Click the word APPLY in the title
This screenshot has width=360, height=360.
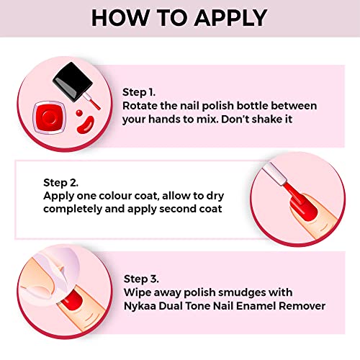230,18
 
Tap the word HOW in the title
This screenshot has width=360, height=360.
120,18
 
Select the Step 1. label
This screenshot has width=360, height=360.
139,92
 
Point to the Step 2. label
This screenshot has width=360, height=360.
60,183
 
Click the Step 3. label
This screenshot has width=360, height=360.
141,279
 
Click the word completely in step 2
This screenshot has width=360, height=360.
73,210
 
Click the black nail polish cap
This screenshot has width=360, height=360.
73,81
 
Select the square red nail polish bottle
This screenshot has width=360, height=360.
50,117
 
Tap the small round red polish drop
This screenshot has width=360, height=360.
79,112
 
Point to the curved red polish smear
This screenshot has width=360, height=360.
86,125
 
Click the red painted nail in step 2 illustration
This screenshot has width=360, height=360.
304,207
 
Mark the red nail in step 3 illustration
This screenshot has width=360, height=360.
71,300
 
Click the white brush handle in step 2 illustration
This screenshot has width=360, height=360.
275,174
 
